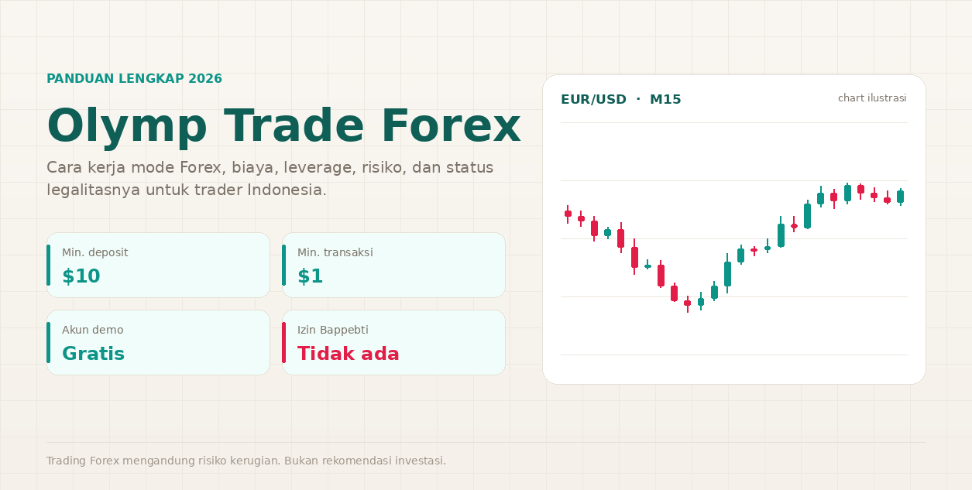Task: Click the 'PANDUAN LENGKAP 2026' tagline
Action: click(x=134, y=78)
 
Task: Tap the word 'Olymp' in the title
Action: click(x=127, y=128)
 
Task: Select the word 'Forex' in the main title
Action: click(x=451, y=125)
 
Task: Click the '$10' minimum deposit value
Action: click(x=81, y=276)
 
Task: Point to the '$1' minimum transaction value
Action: click(x=310, y=276)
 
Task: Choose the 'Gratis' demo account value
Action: click(x=93, y=354)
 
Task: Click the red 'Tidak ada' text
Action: click(x=348, y=354)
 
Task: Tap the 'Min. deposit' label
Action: click(x=95, y=252)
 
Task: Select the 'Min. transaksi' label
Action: click(x=335, y=252)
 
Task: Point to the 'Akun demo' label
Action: click(x=92, y=330)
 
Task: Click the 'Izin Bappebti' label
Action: click(x=333, y=330)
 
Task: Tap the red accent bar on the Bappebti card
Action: click(x=283, y=343)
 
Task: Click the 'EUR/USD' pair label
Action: click(x=593, y=99)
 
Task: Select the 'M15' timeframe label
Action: click(x=665, y=99)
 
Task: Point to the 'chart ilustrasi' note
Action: click(x=872, y=98)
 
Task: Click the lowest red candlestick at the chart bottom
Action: click(x=687, y=303)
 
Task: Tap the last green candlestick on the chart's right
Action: click(x=901, y=197)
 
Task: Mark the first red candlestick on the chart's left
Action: click(x=568, y=214)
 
